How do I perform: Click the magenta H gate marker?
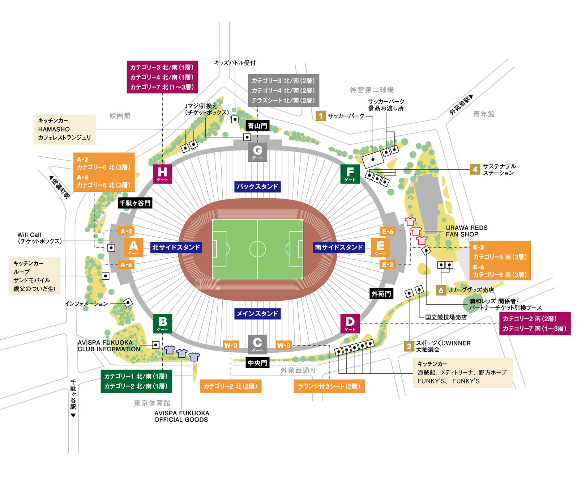(x=162, y=174)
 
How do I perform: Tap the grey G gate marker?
(x=257, y=152)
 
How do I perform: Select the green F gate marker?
(x=350, y=174)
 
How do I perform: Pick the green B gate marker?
(x=162, y=323)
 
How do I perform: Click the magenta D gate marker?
(x=350, y=323)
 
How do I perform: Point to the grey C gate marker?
(x=257, y=344)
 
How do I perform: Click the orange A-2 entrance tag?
(x=126, y=231)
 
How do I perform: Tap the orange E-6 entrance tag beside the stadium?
(x=388, y=231)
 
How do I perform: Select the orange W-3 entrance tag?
(x=231, y=346)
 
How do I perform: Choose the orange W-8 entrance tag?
(x=284, y=346)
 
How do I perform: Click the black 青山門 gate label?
(x=257, y=126)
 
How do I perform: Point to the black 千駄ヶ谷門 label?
(x=135, y=203)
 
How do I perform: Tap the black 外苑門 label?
(x=381, y=294)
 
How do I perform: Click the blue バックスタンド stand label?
(x=257, y=187)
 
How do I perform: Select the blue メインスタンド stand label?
(x=257, y=314)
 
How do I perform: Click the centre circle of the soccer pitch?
(x=257, y=249)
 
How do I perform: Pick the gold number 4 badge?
(x=475, y=169)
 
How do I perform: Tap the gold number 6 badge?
(x=441, y=290)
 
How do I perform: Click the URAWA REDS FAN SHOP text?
(x=466, y=231)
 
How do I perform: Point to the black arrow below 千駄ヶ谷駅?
(x=73, y=415)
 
